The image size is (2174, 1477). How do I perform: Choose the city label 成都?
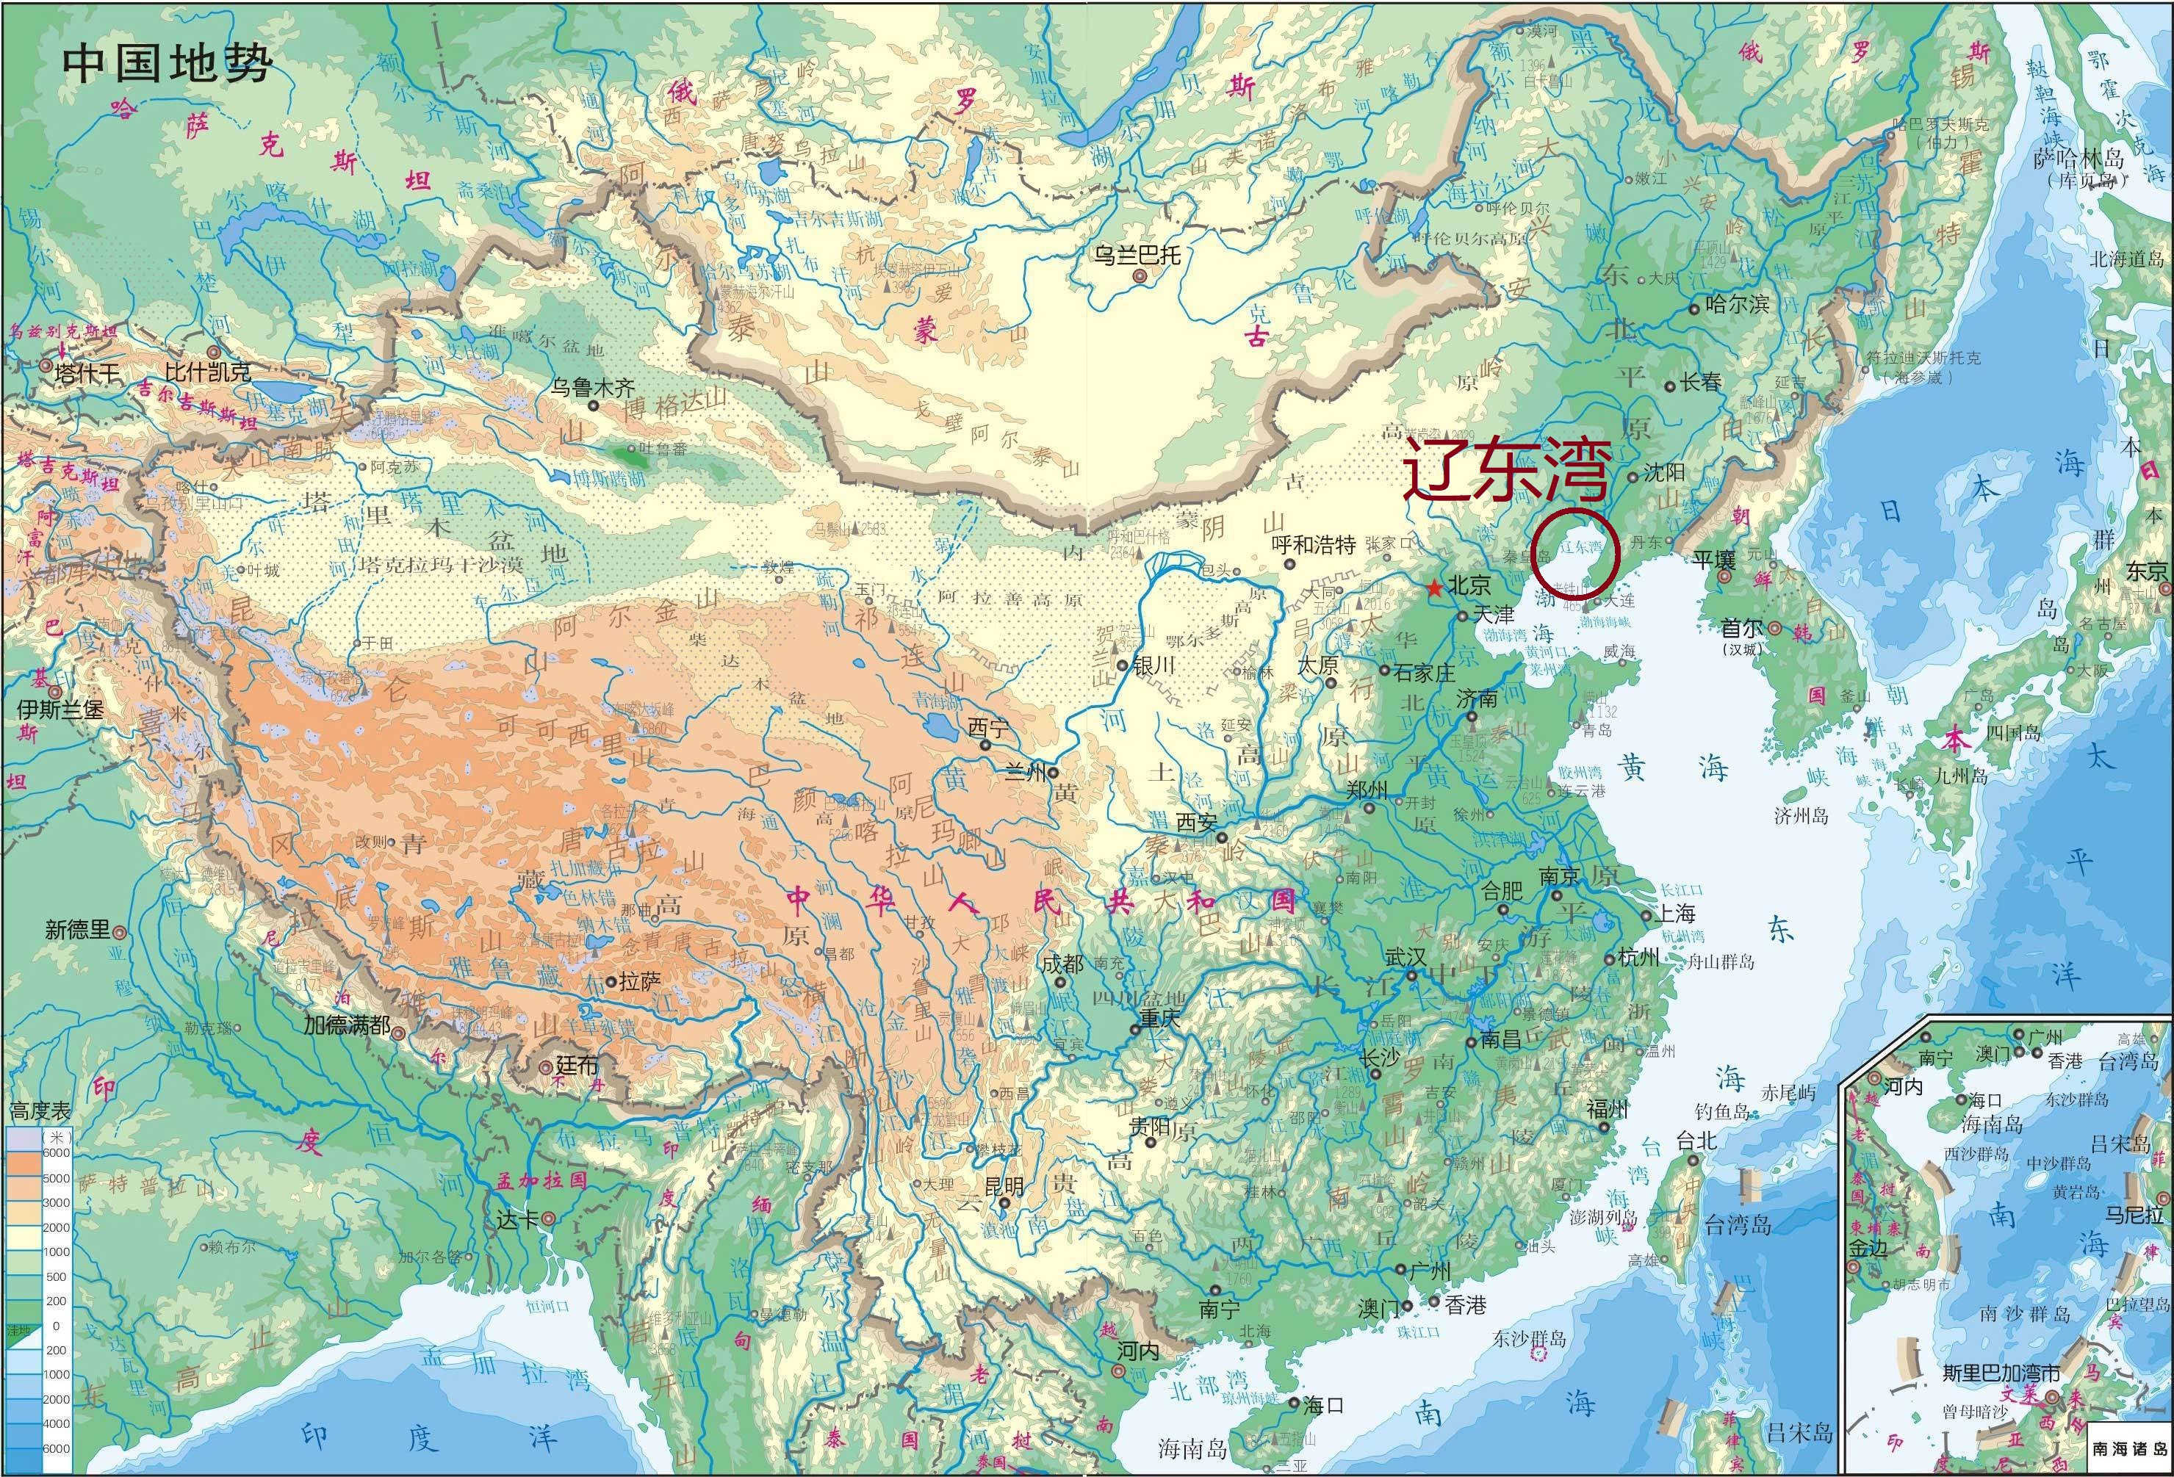tap(1062, 963)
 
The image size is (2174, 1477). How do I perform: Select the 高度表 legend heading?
tap(40, 1111)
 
